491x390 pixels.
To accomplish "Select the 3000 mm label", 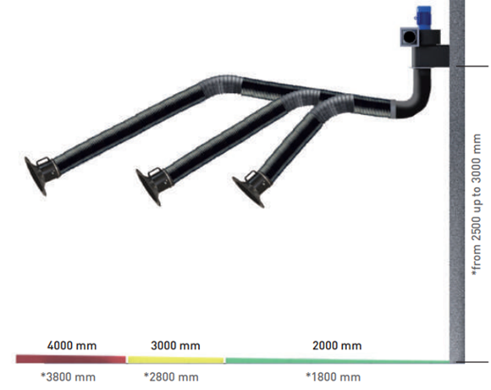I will (x=175, y=345).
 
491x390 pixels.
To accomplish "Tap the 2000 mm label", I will (x=337, y=345).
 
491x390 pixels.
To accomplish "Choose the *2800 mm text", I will (x=172, y=376).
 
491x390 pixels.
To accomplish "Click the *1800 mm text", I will (x=333, y=376).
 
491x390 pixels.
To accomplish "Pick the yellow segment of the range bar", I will (x=175, y=360).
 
